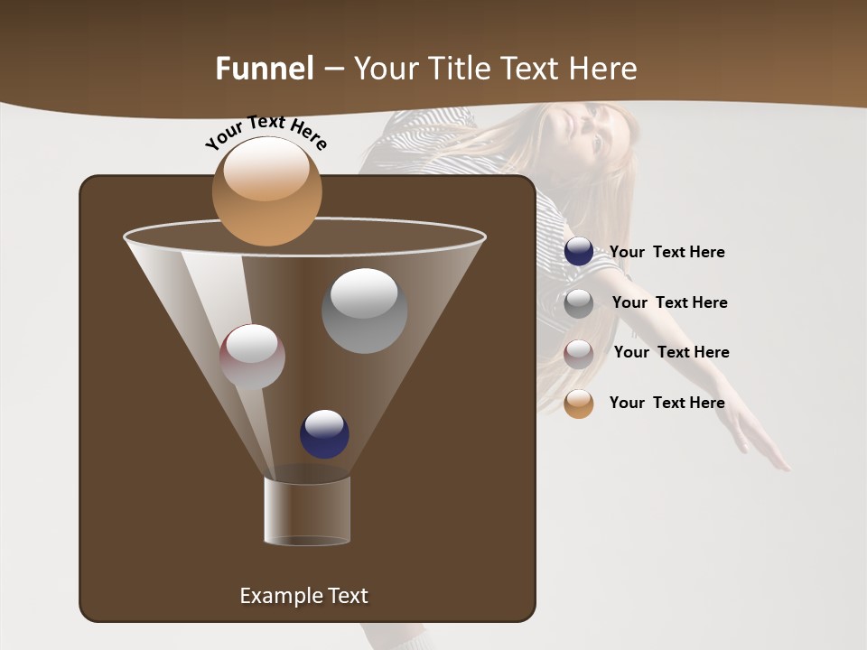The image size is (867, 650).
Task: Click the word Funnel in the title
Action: coord(264,69)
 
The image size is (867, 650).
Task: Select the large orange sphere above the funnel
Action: coord(266,190)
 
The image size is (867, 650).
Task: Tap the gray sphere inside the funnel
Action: coord(364,311)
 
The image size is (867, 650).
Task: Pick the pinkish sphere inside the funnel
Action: coord(252,357)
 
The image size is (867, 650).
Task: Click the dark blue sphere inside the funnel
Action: coord(324,433)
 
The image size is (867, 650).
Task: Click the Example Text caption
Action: coord(303,596)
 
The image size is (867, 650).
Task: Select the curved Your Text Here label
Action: coord(266,132)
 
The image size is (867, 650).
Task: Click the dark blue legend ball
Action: coord(579,252)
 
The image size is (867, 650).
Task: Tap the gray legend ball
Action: coord(579,302)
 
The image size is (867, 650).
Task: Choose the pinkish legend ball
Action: coord(579,353)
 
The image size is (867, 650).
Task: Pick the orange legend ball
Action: coord(579,404)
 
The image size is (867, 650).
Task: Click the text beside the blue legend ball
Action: coord(667,252)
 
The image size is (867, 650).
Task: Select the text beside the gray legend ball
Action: coord(669,302)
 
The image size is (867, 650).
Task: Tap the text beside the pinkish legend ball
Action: coord(671,352)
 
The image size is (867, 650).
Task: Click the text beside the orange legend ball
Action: coord(667,403)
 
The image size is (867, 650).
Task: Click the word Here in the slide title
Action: coord(602,69)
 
